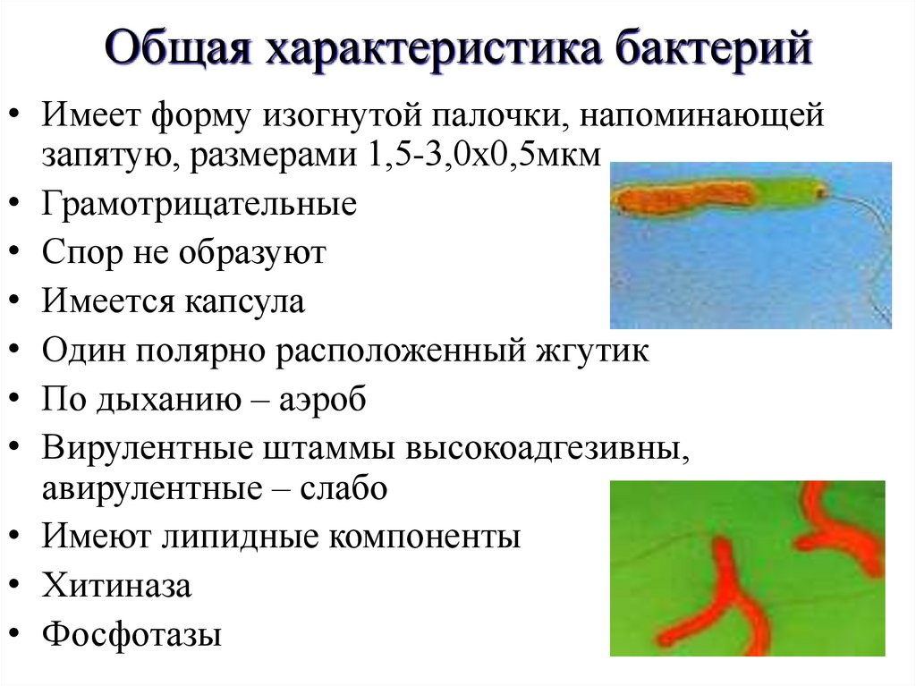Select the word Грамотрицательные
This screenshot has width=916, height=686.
coord(199,204)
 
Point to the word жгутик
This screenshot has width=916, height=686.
coord(592,351)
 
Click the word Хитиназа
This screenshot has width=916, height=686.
coord(116,587)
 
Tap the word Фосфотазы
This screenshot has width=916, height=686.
coord(131,635)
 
